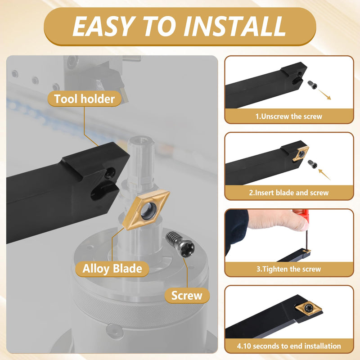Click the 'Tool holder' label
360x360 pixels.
tap(84, 99)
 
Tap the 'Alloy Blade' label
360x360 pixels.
tap(112, 269)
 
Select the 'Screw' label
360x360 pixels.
tap(187, 295)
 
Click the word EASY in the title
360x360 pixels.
tap(103, 26)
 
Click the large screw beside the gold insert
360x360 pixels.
tap(180, 244)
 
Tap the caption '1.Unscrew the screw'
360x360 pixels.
tap(289, 117)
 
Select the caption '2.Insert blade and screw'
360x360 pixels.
tap(289, 193)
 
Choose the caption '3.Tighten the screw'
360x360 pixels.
tap(289, 269)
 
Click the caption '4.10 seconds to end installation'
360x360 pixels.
tap(289, 346)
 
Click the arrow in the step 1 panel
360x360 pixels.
tap(324, 94)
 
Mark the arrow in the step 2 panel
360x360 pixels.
tap(324, 175)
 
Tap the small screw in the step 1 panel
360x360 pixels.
tap(312, 84)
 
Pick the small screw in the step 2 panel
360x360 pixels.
tap(312, 164)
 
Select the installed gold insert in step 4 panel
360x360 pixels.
tap(308, 308)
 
